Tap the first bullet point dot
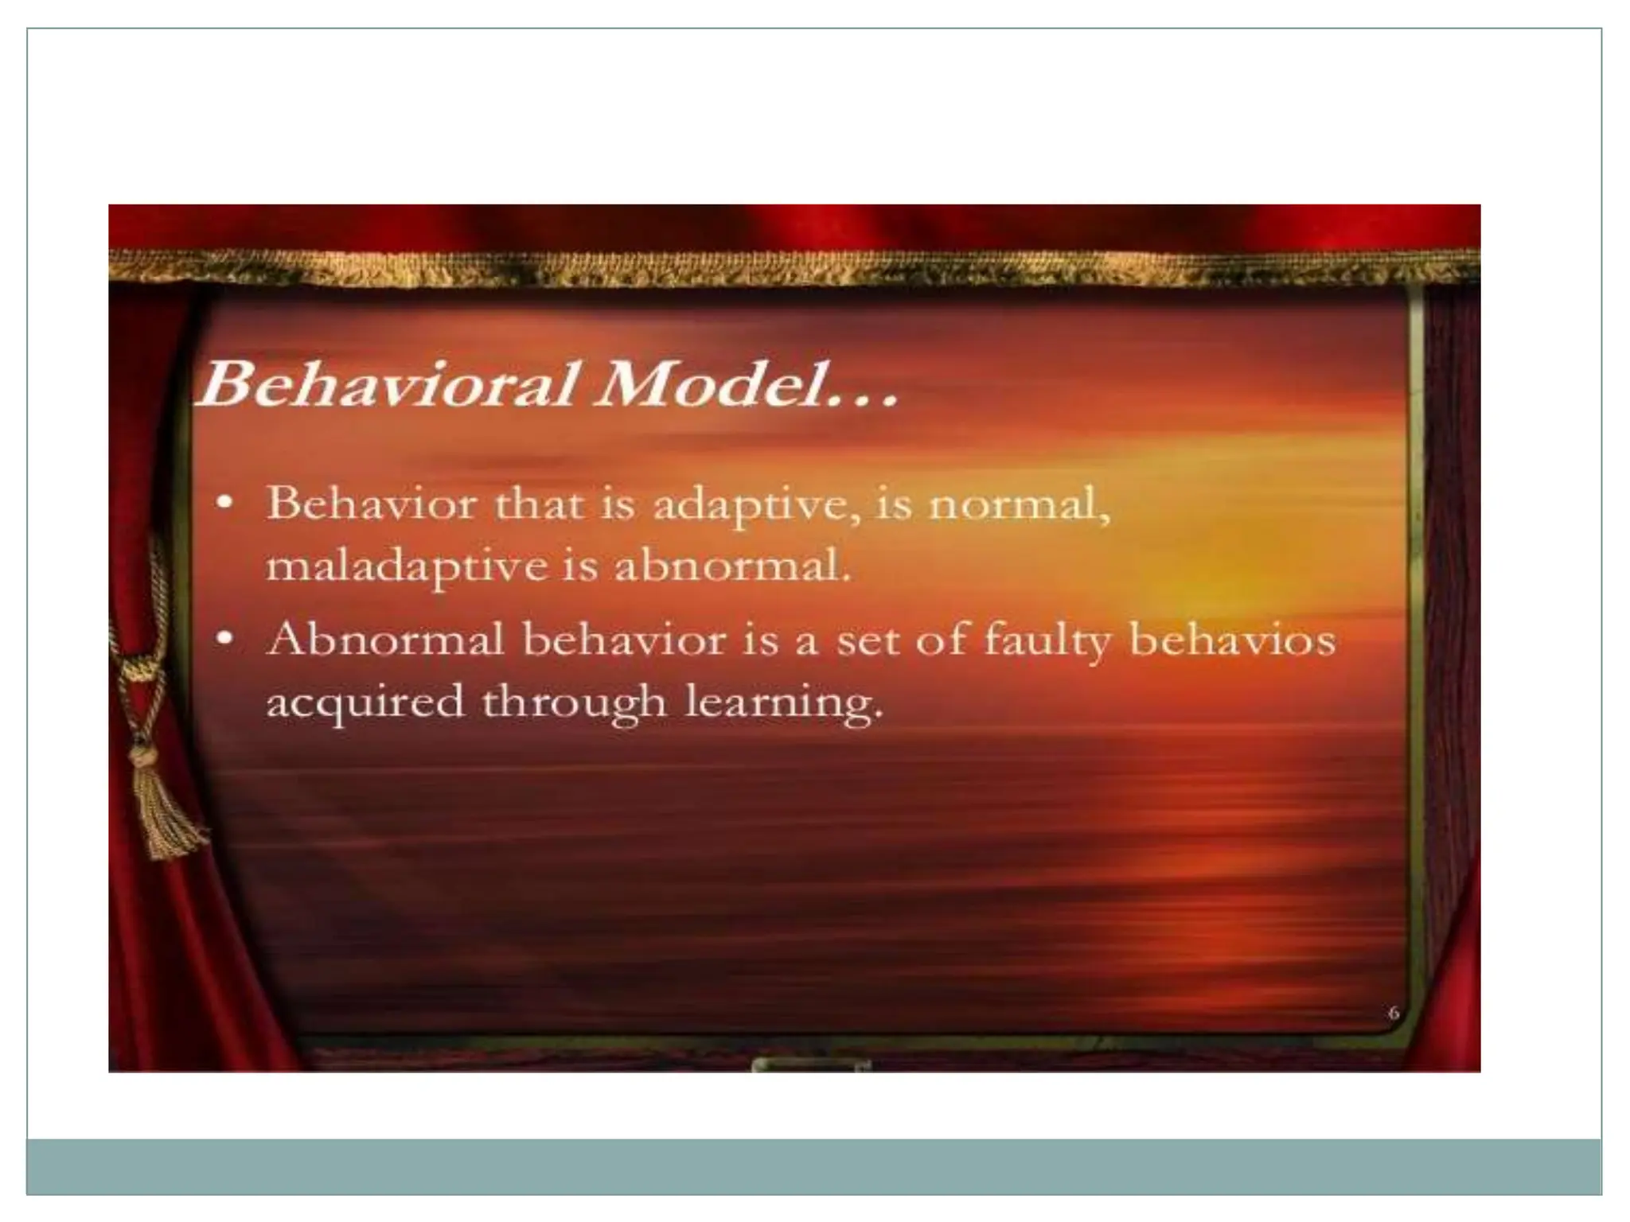(x=227, y=502)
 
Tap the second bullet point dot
(x=227, y=638)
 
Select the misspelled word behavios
(x=1231, y=640)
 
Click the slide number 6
(x=1394, y=1014)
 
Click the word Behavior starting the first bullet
(x=371, y=504)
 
